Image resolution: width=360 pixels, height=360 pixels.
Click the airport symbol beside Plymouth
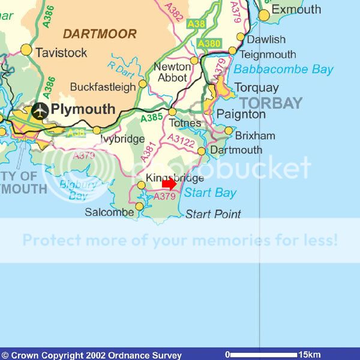pos(40,111)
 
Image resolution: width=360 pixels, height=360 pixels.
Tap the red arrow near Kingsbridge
pos(169,184)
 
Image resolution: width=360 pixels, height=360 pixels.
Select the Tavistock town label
pos(61,53)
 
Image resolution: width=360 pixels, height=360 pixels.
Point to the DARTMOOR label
pos(100,34)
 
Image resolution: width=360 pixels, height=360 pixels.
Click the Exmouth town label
pos(296,10)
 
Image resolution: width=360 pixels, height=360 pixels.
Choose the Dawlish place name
pos(266,40)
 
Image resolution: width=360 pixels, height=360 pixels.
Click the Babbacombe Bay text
pos(283,70)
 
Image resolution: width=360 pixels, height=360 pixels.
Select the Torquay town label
pos(256,87)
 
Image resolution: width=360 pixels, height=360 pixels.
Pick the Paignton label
pos(241,114)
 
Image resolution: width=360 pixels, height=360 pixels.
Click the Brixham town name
pos(255,136)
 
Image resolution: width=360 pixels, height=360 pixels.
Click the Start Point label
pos(213,214)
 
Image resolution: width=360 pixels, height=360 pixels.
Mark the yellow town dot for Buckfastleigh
pos(143,84)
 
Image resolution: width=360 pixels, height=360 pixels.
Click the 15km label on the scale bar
pos(310,354)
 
